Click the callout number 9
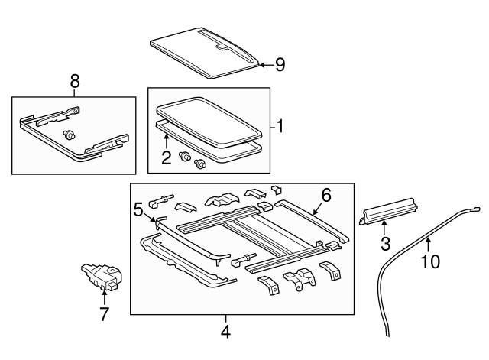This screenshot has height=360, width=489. (280, 65)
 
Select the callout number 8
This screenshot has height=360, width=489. (75, 82)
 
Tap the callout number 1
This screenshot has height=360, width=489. (280, 126)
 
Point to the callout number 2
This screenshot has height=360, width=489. (167, 157)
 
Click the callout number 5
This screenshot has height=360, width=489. (138, 209)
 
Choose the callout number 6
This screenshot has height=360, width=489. (326, 195)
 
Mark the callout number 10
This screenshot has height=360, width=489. (431, 261)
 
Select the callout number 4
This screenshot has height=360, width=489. (226, 332)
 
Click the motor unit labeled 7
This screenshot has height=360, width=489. (102, 277)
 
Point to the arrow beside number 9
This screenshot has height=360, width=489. (266, 65)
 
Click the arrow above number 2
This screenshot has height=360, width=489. (167, 141)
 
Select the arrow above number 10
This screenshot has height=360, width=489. (428, 245)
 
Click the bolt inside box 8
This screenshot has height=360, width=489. (69, 135)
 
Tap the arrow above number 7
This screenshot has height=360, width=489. (104, 297)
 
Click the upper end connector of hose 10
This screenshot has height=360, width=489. (476, 209)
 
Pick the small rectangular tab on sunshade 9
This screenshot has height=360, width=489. (222, 47)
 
